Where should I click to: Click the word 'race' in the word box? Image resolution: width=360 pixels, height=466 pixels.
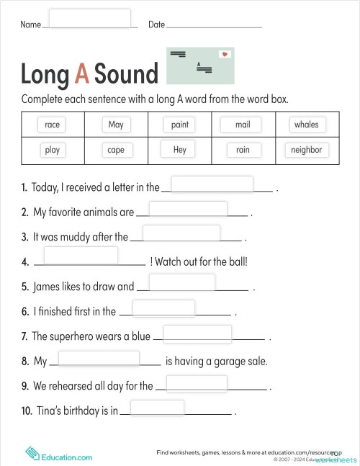tap(52, 125)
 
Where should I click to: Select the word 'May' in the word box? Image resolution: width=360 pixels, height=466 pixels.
tap(115, 125)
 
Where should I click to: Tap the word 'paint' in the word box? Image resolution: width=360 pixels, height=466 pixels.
tap(179, 125)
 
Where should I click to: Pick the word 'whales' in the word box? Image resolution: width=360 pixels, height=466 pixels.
tap(306, 125)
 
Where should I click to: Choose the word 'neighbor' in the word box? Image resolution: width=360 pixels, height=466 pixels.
tap(306, 150)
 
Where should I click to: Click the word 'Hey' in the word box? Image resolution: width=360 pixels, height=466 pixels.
tap(179, 150)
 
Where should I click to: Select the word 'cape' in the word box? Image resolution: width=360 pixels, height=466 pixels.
tap(115, 150)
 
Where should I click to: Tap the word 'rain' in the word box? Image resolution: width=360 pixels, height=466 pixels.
tap(243, 150)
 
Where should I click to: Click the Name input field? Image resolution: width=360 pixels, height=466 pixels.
tap(89, 18)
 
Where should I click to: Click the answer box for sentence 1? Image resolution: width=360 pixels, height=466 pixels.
tap(212, 185)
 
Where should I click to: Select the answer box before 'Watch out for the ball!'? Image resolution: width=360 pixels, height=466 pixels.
tap(81, 256)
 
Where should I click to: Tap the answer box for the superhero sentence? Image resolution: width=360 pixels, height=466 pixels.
tap(197, 334)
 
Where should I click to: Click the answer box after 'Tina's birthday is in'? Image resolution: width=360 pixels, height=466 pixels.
tap(157, 408)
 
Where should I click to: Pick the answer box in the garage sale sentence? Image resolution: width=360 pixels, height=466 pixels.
tap(98, 359)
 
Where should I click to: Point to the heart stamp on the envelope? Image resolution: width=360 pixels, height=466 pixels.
tap(225, 55)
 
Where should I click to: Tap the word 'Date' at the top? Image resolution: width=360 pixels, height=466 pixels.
tap(156, 24)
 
